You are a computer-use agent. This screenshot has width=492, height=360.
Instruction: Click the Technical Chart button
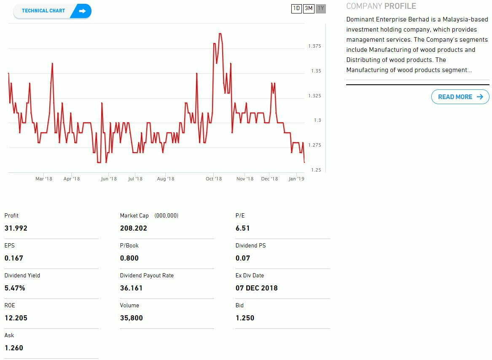click(x=52, y=11)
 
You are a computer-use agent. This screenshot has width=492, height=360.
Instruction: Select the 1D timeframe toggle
click(x=296, y=8)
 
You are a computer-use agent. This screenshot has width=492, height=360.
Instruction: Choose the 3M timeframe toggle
click(x=309, y=8)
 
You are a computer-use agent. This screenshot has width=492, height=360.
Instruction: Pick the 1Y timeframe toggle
click(x=321, y=8)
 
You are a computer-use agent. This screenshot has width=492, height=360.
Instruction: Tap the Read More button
click(x=460, y=97)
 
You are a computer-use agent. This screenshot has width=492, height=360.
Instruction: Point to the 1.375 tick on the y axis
click(x=315, y=46)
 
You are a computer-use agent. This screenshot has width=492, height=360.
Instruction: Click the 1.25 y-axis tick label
click(x=316, y=170)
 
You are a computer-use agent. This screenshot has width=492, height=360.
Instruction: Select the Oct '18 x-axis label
click(x=214, y=179)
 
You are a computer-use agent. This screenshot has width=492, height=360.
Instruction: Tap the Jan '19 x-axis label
click(x=296, y=179)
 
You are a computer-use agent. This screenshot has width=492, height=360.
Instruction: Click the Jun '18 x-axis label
click(x=109, y=179)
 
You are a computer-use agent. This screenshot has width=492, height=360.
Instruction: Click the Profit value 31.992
click(x=16, y=228)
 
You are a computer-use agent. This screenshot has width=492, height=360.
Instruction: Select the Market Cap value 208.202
click(x=134, y=228)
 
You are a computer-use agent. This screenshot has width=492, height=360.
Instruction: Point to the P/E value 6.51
click(x=243, y=228)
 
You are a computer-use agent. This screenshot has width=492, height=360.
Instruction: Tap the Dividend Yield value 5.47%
click(x=15, y=288)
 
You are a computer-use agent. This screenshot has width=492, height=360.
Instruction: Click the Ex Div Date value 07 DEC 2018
click(x=257, y=288)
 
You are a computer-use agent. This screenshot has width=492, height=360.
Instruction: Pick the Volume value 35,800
click(x=132, y=318)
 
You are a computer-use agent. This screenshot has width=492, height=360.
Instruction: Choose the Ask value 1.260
click(x=14, y=348)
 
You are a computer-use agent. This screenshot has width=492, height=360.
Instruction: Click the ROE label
click(x=10, y=305)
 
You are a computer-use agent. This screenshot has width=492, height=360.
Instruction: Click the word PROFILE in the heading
click(x=400, y=6)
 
